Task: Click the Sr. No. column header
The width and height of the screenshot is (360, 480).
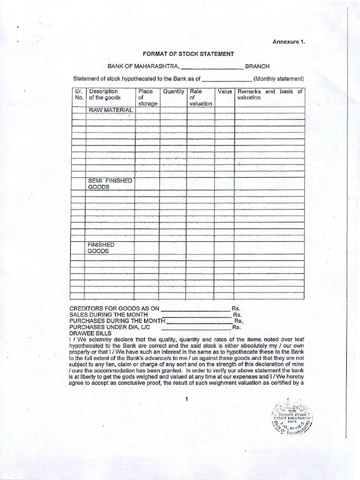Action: pyautogui.click(x=78, y=95)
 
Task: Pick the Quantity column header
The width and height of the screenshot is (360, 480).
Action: pyautogui.click(x=173, y=91)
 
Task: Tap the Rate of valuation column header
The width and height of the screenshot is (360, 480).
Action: pyautogui.click(x=201, y=97)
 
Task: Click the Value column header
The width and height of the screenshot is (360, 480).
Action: pyautogui.click(x=224, y=91)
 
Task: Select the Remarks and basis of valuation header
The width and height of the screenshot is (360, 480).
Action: pyautogui.click(x=270, y=94)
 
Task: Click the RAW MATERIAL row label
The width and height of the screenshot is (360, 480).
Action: pyautogui.click(x=111, y=110)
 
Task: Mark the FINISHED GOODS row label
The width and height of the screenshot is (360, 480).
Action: pyautogui.click(x=101, y=248)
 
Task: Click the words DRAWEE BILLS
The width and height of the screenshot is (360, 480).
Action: pyautogui.click(x=89, y=333)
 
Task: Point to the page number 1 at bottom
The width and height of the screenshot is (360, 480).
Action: pyautogui.click(x=187, y=399)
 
